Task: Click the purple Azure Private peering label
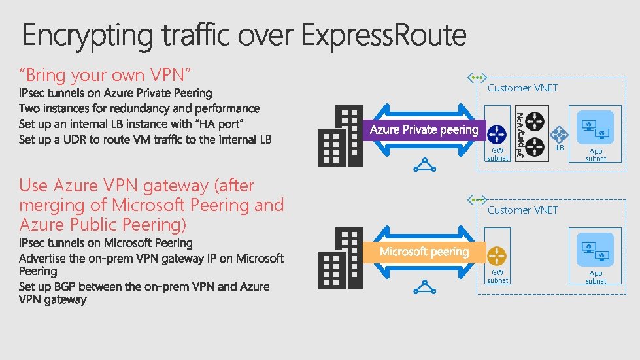[x=424, y=130]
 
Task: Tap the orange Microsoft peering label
[x=424, y=252]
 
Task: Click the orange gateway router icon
[x=497, y=255]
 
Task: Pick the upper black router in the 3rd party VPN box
[x=535, y=121]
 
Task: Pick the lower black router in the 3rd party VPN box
[x=535, y=145]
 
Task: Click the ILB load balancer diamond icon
[x=558, y=135]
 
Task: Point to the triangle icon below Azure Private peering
[x=425, y=165]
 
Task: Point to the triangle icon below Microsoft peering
[x=425, y=287]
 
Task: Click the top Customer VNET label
[x=523, y=88]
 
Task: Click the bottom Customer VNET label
[x=523, y=210]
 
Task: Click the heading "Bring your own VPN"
[x=105, y=75]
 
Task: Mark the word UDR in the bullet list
[x=76, y=139]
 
